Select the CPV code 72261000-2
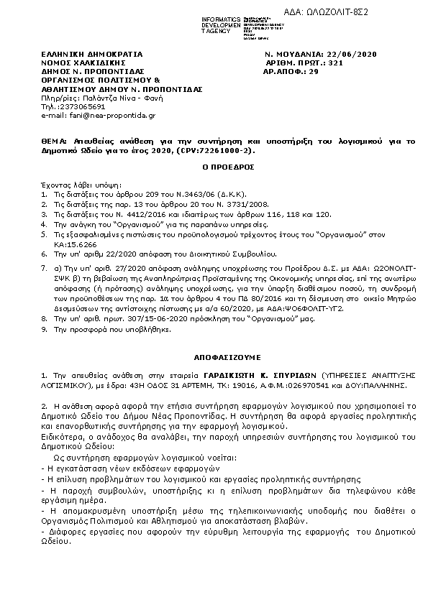(x=219, y=152)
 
